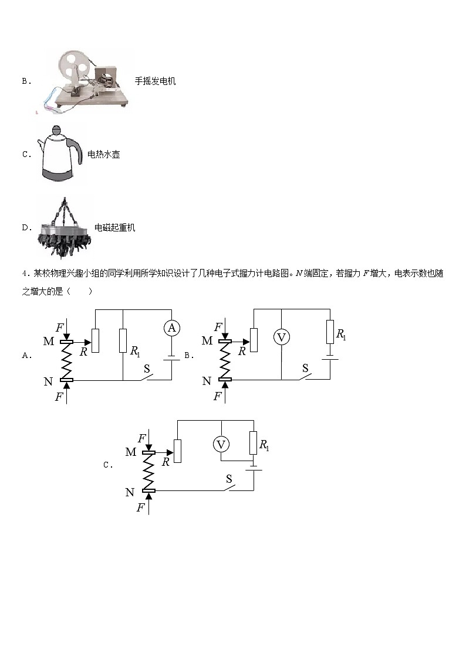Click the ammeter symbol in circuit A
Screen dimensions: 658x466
(x=171, y=328)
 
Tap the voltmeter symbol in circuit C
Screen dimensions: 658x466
(x=221, y=445)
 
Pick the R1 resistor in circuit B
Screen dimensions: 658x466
(x=330, y=332)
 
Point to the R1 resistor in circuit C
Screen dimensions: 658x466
(x=253, y=442)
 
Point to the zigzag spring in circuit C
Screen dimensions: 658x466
(x=148, y=472)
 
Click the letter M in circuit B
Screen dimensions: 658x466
(x=207, y=340)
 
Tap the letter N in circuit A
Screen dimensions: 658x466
(x=48, y=382)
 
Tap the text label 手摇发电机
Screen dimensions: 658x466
(x=155, y=81)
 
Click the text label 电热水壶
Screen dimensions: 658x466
(x=104, y=155)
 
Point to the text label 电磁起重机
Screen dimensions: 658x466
(x=115, y=227)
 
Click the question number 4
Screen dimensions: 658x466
(x=24, y=274)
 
